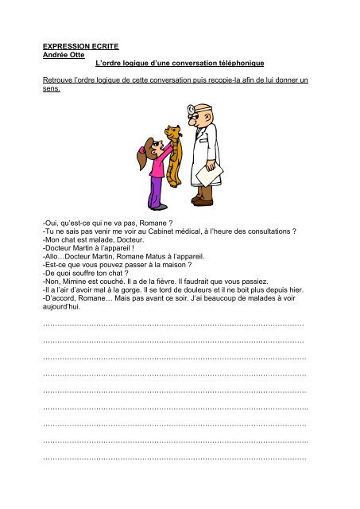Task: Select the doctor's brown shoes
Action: pos(203,202)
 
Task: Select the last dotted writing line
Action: pos(174,458)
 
